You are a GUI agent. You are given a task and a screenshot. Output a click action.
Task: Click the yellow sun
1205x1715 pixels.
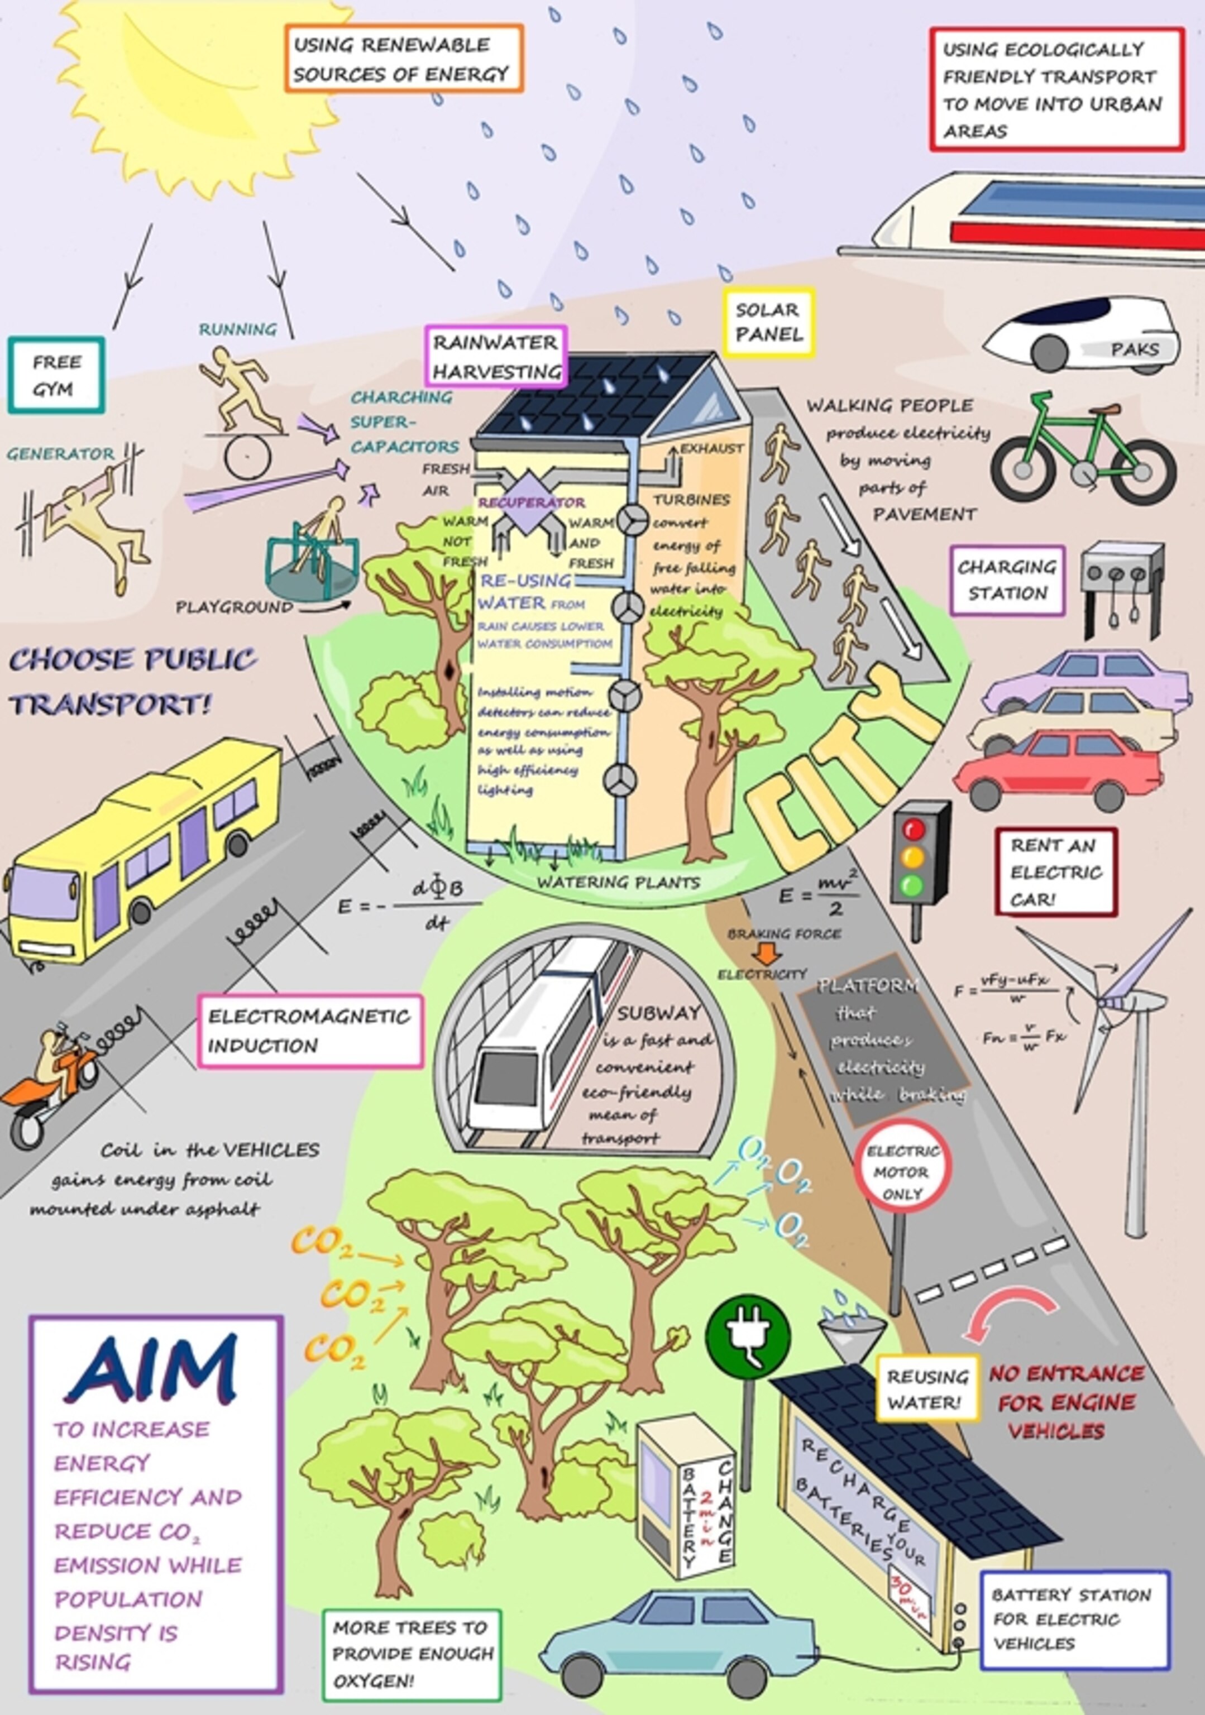pyautogui.click(x=202, y=82)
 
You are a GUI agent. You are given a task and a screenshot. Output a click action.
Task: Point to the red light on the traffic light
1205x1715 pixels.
pyautogui.click(x=913, y=828)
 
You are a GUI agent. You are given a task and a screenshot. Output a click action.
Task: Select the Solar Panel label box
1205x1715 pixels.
pyautogui.click(x=768, y=323)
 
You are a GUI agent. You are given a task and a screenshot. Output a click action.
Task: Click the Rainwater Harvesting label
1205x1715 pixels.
pyautogui.click(x=496, y=356)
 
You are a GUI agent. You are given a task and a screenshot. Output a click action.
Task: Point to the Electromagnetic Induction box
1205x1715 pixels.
pyautogui.click(x=309, y=1031)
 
